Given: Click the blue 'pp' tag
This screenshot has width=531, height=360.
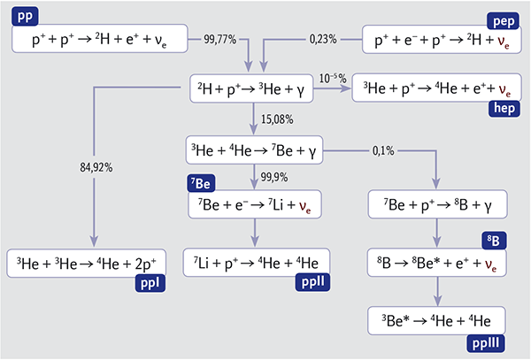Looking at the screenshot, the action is coord(25,16).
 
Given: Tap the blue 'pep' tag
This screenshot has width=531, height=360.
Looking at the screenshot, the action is coord(504,21).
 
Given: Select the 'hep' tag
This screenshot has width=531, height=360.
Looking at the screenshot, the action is coord(504,109).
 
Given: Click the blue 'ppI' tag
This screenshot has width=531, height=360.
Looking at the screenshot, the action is coord(150,283).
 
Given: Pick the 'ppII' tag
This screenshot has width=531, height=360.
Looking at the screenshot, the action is coord(312,282).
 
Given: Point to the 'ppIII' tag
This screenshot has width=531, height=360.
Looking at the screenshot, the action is coord(486,343).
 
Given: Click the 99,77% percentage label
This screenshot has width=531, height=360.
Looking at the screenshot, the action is coord(220,40).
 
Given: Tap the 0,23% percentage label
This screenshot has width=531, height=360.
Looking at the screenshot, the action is coord(323,40).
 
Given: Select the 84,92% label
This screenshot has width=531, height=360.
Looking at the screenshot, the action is coord(96,167).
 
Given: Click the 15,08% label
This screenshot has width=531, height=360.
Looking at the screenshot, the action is coord(277,119).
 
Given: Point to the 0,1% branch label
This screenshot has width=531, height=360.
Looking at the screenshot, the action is coord(383,150).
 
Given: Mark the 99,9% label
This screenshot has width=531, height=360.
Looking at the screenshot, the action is coord(274,177).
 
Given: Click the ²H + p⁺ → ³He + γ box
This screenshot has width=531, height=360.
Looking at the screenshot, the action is coord(251,88).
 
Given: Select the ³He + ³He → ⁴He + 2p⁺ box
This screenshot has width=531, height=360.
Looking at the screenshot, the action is coord(87,264).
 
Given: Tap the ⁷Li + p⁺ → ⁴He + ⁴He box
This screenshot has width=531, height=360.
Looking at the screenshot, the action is coord(257,263).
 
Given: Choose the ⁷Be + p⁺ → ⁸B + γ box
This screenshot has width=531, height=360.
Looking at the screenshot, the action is coord(437,204).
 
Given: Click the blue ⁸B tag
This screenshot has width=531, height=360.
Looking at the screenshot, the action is coord(494,241).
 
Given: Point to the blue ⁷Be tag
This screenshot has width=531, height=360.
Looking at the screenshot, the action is coord(201,183).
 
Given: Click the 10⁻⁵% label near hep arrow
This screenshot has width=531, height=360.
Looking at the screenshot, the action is coord(333,79).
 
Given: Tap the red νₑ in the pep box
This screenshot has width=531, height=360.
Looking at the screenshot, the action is coord(504,42).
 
